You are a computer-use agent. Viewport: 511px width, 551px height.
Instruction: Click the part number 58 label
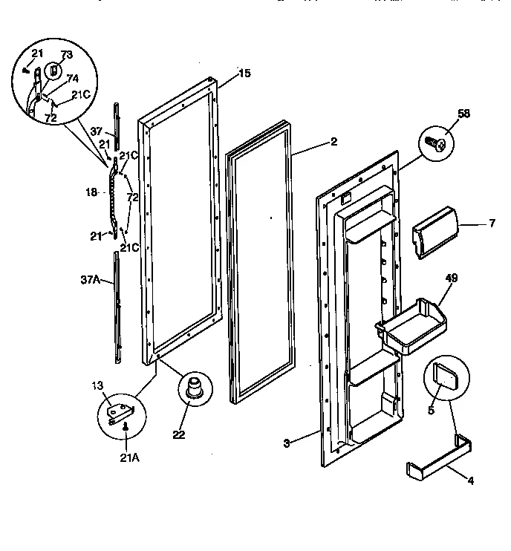[x=464, y=114]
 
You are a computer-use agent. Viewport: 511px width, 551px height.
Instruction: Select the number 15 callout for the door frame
[x=245, y=73]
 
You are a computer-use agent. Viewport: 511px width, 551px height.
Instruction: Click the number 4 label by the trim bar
[x=470, y=480]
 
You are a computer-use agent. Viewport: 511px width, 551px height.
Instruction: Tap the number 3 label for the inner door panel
[x=286, y=443]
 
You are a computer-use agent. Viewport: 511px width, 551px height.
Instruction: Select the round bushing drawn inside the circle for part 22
[x=195, y=388]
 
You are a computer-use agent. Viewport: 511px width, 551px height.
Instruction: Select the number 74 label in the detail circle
[x=73, y=77]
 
